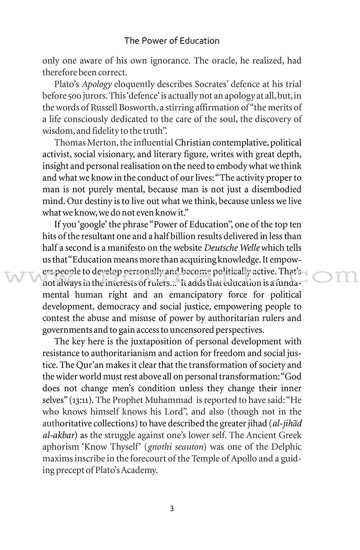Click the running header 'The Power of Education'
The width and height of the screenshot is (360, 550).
(x=172, y=41)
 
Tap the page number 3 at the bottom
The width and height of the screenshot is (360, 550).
(x=172, y=509)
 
